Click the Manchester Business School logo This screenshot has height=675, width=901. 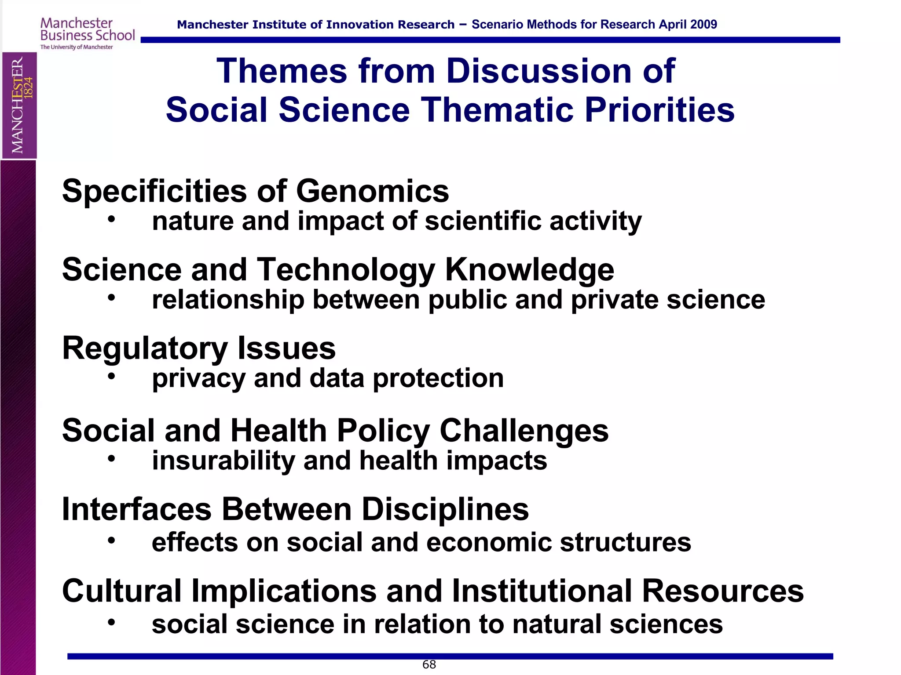[87, 33]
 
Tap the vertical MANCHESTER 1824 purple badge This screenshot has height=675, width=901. [19, 105]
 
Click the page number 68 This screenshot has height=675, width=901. [429, 664]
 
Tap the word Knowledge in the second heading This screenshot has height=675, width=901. [529, 269]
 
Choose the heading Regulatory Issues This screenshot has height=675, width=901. [198, 348]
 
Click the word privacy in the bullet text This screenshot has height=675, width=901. [198, 379]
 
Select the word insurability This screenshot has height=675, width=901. [223, 461]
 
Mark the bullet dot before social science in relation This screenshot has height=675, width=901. [112, 622]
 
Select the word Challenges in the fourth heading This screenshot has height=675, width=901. [524, 430]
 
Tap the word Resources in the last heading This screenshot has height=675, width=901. [722, 591]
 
